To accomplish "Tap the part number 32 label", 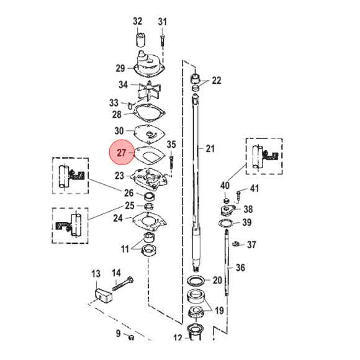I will pos(138,22).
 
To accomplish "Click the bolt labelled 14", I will pos(124,286).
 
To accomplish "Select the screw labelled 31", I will pos(162,39).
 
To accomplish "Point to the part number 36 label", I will pos(241,268).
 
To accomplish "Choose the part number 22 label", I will pos(216,81).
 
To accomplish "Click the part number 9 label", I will pos(118,335).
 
